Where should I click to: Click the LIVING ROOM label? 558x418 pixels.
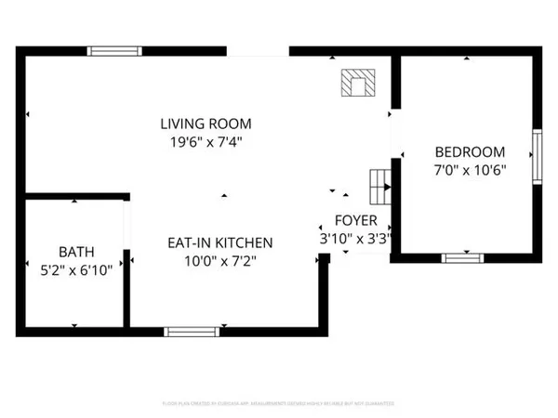coord(206,124)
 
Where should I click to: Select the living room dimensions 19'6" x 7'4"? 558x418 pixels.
coord(206,142)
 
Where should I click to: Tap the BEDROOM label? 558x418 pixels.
coord(470,151)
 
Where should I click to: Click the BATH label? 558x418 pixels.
coord(76,251)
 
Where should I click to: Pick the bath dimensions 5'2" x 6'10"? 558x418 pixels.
coord(76,269)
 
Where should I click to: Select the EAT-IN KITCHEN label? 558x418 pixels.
coord(219,242)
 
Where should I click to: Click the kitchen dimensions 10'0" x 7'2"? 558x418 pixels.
coord(219,261)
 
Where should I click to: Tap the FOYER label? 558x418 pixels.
coord(355,221)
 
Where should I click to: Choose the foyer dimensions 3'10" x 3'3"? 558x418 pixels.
coord(355,239)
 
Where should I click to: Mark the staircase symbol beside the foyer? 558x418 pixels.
coord(379,187)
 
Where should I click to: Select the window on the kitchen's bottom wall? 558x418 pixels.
coord(191,330)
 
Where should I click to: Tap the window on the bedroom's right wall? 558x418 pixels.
coord(536,155)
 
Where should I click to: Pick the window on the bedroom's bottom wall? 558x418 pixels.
coord(462,257)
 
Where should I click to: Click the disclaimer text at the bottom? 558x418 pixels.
coord(279,404)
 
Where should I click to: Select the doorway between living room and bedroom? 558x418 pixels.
coord(394,131)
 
